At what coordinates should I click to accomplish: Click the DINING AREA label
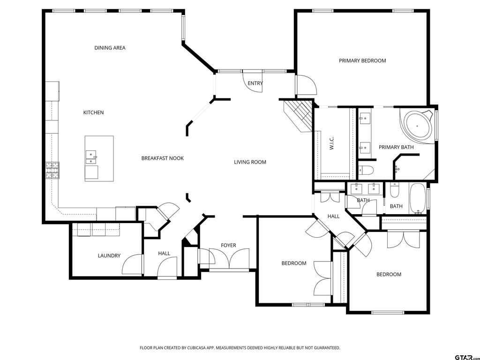pos(110,48)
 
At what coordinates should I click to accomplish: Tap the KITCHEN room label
pos(93,112)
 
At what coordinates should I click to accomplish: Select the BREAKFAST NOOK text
pos(163,158)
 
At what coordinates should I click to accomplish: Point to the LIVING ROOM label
pos(250,162)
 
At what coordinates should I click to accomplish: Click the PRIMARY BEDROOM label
pos(362,60)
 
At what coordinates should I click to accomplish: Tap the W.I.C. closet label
pos(331,143)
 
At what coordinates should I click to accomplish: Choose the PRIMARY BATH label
pos(396,147)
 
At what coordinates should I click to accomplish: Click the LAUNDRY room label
pos(109,255)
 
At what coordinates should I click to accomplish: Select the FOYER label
pos(228,246)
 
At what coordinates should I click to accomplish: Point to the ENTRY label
pos(255,83)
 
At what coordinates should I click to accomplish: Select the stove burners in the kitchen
pos(52,171)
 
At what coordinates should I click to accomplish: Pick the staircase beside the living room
pos(298,116)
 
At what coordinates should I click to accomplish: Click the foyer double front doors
pos(229,259)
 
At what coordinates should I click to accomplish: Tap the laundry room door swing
pos(132,264)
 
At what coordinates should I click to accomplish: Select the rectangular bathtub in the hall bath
pos(418,199)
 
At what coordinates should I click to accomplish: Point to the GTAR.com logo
pos(466,357)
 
